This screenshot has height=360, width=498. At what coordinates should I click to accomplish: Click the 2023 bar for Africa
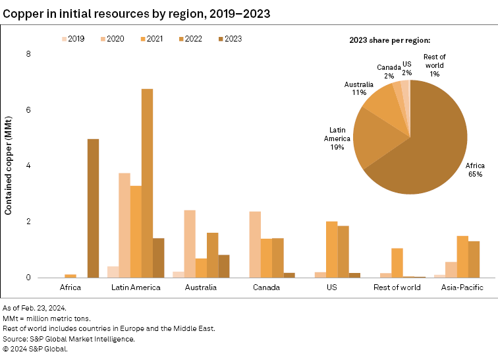click(x=93, y=208)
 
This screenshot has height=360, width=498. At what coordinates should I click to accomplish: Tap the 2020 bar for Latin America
click(x=124, y=225)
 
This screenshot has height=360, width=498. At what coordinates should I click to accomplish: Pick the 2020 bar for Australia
click(x=189, y=244)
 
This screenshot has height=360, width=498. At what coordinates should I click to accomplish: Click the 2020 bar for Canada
click(x=254, y=245)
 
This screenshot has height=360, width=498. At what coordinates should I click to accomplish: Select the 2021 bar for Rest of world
click(x=397, y=262)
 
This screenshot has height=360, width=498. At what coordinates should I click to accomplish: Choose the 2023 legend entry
click(x=228, y=39)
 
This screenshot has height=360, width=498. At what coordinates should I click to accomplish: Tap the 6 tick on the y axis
click(x=28, y=110)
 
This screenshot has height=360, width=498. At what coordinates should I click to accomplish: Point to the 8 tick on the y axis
click(x=28, y=54)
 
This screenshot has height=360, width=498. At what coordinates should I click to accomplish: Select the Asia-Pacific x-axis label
click(x=462, y=287)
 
